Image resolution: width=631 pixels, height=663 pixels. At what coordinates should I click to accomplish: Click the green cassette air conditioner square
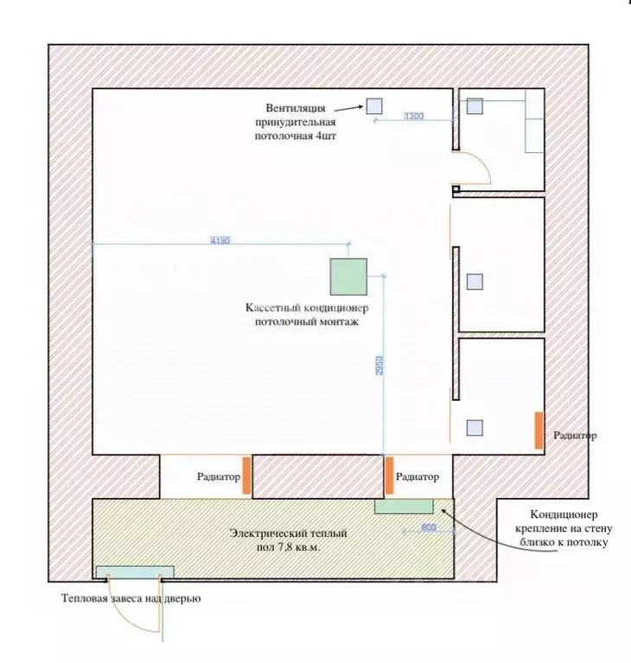point(348,277)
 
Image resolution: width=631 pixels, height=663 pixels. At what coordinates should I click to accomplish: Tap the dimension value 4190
point(220,240)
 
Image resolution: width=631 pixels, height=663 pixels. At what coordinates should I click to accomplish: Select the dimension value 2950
point(379,366)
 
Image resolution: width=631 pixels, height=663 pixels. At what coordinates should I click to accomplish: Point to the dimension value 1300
point(414,116)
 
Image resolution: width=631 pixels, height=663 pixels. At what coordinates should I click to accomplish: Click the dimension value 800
point(429,527)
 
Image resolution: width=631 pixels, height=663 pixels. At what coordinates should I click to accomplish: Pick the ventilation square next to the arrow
point(374,106)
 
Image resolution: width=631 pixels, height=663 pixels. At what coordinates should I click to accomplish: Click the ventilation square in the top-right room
point(475,106)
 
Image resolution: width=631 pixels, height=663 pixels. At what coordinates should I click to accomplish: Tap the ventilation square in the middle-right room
point(475,282)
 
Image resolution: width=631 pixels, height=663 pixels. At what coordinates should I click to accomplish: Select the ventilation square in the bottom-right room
point(475,428)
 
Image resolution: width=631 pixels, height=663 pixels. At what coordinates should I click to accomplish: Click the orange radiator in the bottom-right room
point(539,430)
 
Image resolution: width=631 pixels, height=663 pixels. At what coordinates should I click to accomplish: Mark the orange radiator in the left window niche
point(246,475)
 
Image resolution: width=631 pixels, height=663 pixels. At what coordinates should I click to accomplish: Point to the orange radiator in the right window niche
point(389,475)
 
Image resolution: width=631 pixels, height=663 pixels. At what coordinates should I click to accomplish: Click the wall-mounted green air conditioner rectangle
point(404,507)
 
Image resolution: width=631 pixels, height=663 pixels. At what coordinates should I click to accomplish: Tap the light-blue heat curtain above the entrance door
point(135,572)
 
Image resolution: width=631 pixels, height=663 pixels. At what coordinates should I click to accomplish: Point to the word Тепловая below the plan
point(86,598)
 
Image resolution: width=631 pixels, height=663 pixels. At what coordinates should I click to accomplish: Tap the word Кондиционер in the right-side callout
point(564,514)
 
